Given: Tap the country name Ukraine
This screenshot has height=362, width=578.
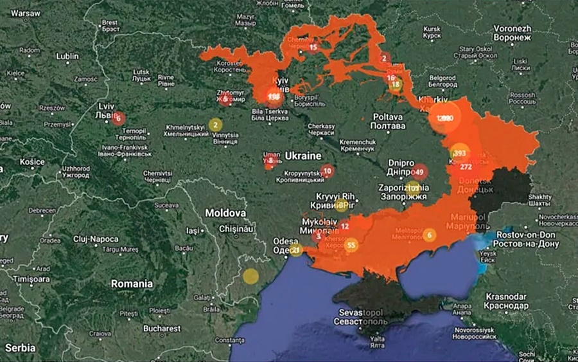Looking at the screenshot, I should point(302,156).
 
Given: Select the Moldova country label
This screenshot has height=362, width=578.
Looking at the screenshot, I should point(225,212).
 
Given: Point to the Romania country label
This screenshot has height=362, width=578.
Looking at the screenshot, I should point(132,283).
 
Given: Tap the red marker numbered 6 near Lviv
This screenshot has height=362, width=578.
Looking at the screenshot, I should point(118,118).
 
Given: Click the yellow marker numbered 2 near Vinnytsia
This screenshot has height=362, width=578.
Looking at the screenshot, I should point(216,125).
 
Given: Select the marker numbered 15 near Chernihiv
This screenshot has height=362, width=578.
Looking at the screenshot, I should point(313,47).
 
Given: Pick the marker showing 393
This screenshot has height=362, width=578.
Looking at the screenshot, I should point(459,154).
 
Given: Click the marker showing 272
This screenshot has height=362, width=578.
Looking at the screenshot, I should point(466,167).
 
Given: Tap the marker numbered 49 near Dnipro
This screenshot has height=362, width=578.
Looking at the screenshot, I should point(419,172).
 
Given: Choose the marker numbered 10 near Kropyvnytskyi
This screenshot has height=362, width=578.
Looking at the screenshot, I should point(328,171).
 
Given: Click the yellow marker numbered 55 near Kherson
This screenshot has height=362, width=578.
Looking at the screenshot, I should point(351,245).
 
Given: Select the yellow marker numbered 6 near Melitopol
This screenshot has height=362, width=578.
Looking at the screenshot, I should point(429,235).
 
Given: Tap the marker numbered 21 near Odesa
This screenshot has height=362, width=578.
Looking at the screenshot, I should point(295,249).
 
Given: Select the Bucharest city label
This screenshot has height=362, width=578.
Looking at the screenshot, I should point(161,328).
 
